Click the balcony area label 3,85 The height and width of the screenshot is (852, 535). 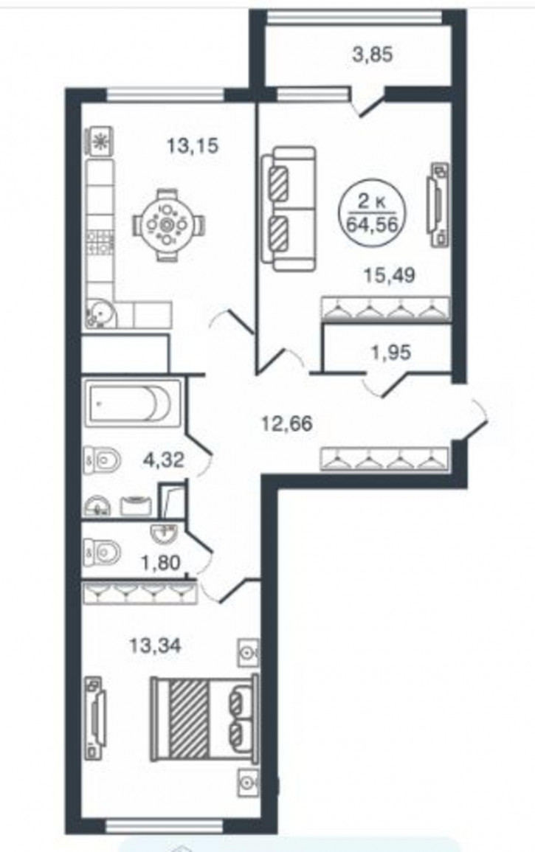[373, 55]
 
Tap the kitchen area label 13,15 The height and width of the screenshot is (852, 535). [193, 145]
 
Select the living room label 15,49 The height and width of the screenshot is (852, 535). [389, 275]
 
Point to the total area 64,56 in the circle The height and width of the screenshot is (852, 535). [373, 224]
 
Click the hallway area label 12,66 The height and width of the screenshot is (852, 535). [287, 423]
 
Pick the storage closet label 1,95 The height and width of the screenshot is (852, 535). [391, 352]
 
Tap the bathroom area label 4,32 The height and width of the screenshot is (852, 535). [164, 460]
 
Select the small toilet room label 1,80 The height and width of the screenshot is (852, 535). [160, 563]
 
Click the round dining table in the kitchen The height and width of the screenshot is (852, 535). [168, 224]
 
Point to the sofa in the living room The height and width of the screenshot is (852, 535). [288, 209]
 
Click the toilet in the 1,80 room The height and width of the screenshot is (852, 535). [103, 553]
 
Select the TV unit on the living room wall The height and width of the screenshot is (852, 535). [439, 204]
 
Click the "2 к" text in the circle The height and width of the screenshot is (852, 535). [373, 203]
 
